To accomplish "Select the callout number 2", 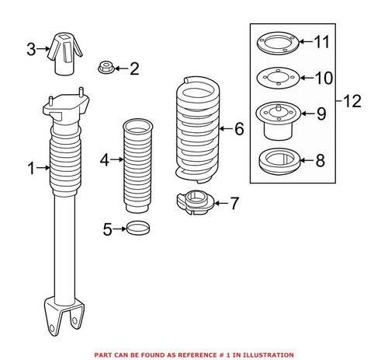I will [x=133, y=70].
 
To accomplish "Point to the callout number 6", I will [x=238, y=128].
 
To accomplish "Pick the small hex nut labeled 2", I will [x=106, y=68].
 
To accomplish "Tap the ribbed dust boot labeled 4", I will [x=138, y=163].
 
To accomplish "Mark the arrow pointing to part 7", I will [x=218, y=203].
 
